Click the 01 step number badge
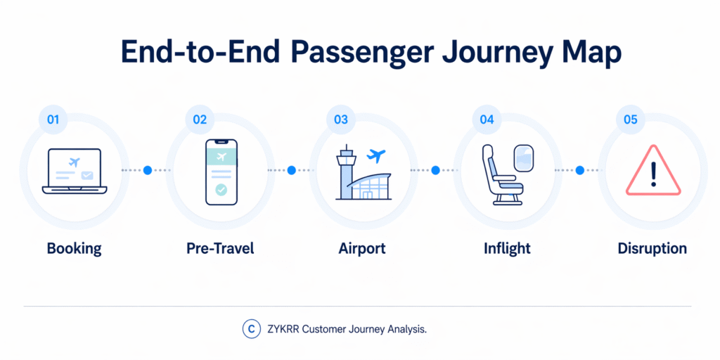(x=53, y=120)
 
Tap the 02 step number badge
(x=200, y=120)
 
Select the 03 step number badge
(x=341, y=120)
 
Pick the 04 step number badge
(x=487, y=120)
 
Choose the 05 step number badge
(x=630, y=120)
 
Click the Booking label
(x=74, y=248)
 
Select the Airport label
(x=362, y=248)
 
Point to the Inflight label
(x=507, y=248)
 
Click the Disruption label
(x=652, y=248)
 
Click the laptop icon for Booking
(x=74, y=172)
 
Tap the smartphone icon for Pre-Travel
(x=221, y=172)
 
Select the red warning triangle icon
(x=653, y=171)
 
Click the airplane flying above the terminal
(x=377, y=155)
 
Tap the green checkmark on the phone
(x=221, y=189)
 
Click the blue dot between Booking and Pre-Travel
(x=148, y=170)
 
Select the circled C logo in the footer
(x=250, y=328)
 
